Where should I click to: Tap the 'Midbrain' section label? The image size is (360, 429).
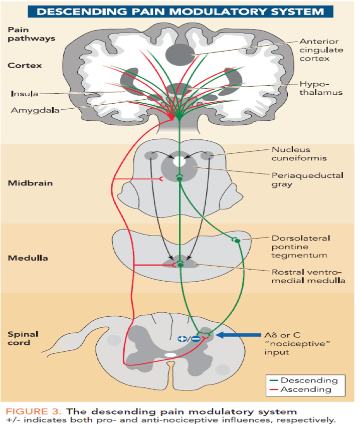coord(30,183)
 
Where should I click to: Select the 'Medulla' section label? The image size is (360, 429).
coord(28,258)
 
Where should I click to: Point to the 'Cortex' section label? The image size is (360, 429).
coord(25,65)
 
